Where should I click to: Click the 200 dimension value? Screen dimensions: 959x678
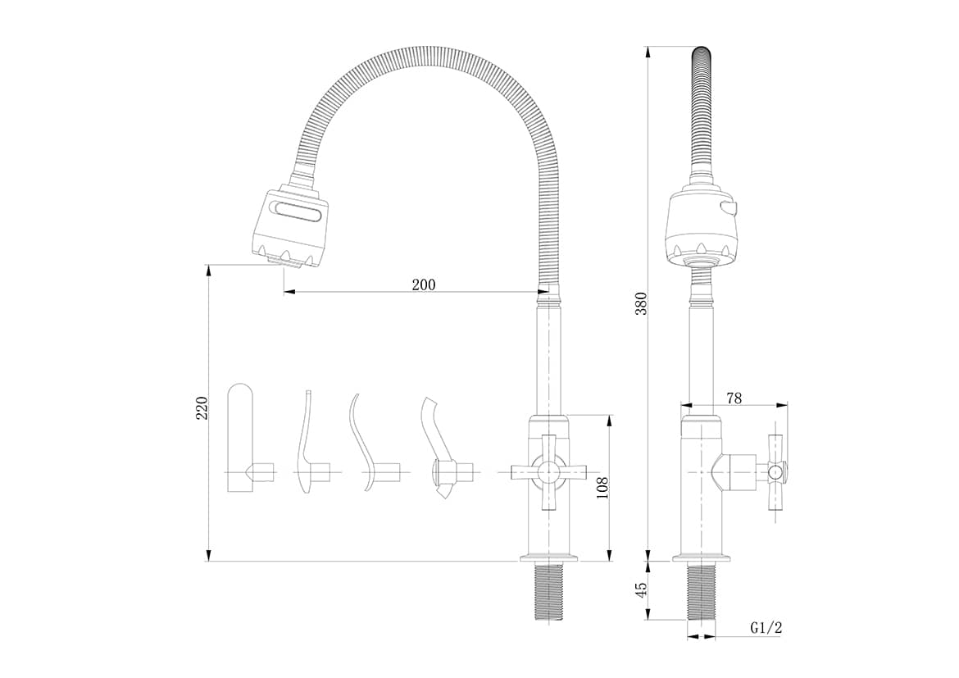tap(423, 284)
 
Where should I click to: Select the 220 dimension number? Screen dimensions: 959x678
tap(202, 408)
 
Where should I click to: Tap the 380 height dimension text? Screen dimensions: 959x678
tap(640, 303)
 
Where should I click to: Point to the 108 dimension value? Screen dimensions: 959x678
tap(602, 489)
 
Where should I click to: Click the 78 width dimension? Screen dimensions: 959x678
tap(734, 398)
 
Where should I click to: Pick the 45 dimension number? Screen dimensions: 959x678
tap(640, 590)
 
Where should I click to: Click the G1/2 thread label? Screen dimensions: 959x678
tap(766, 627)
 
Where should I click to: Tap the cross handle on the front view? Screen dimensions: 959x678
tap(548, 472)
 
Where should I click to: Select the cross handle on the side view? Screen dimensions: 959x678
tap(776, 471)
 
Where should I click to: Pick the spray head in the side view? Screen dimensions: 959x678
tap(702, 226)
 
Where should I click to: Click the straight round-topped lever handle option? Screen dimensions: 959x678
tap(239, 437)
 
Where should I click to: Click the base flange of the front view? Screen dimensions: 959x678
tap(548, 558)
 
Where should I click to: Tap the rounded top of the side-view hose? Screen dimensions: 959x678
tap(702, 54)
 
